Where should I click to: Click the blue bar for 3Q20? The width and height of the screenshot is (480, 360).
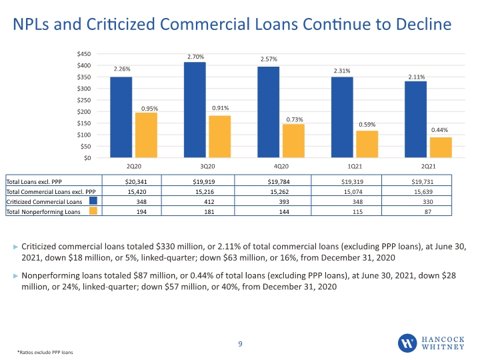(x=195, y=110)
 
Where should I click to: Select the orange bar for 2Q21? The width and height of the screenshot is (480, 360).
(x=441, y=147)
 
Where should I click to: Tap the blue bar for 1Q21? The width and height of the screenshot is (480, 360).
(x=342, y=117)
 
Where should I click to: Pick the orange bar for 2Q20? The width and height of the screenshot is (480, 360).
(x=146, y=135)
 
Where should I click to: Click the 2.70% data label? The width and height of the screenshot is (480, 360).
(x=195, y=57)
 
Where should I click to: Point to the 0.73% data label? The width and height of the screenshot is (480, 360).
(x=295, y=120)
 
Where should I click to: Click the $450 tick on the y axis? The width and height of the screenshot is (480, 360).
(x=84, y=54)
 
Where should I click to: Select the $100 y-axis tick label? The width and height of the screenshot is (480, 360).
(x=84, y=135)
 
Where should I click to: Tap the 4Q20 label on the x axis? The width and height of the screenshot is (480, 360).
(x=281, y=166)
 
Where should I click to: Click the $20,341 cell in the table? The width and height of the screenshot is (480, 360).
(x=136, y=182)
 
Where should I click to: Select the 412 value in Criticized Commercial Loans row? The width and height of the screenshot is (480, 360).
(x=209, y=202)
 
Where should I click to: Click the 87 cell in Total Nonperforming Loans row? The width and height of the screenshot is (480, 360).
(x=428, y=212)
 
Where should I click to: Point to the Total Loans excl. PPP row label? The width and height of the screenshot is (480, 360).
(x=34, y=182)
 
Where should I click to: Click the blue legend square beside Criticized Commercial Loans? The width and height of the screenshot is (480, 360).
(x=93, y=201)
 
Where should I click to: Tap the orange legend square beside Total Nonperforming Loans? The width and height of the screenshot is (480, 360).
(x=93, y=211)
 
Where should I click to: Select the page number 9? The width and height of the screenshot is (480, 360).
(x=240, y=344)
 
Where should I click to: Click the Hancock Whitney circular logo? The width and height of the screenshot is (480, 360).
(x=407, y=343)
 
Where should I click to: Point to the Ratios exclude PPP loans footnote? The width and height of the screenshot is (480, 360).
(x=45, y=353)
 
